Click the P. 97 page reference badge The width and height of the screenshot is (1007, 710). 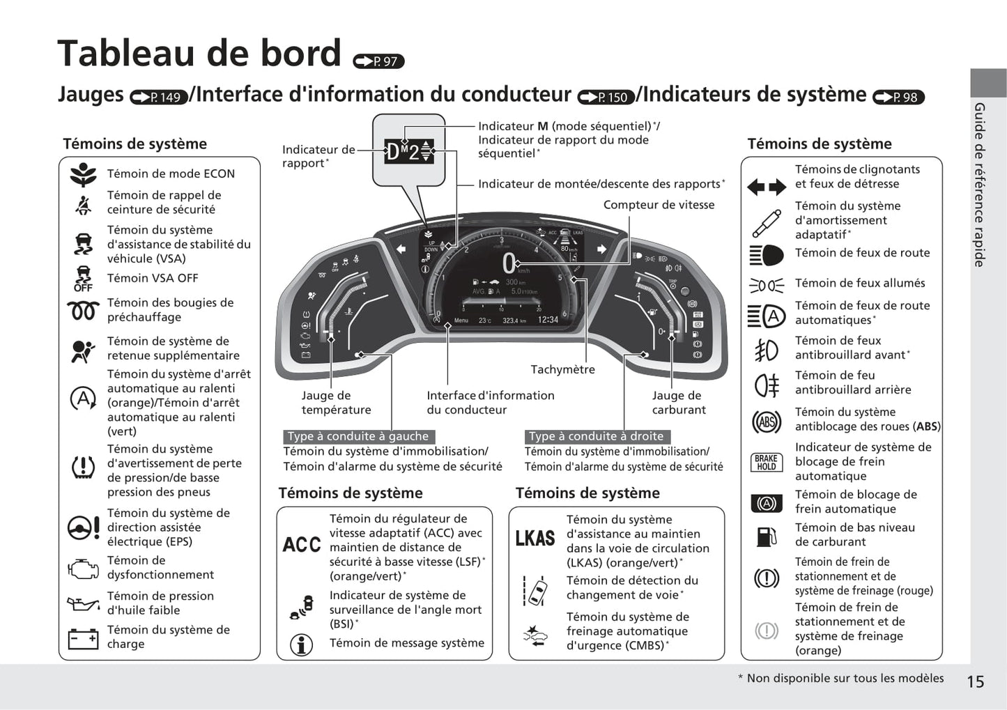(x=379, y=61)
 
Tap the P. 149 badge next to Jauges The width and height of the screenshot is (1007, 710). (x=159, y=98)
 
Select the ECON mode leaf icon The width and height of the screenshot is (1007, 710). (x=83, y=174)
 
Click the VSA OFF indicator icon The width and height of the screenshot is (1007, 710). (x=83, y=279)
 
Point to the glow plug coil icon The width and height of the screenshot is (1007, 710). (x=83, y=310)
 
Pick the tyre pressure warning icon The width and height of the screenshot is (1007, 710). (x=83, y=467)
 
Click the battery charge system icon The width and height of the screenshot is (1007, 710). (x=83, y=638)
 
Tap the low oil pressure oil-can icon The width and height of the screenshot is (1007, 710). (x=83, y=603)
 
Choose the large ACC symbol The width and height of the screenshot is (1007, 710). (x=302, y=545)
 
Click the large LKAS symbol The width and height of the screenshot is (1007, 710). (x=535, y=539)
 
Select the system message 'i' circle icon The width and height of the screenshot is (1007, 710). (x=301, y=645)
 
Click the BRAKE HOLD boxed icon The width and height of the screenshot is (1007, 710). (x=766, y=462)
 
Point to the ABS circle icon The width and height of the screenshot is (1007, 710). (x=766, y=422)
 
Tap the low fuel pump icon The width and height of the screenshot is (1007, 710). (x=766, y=536)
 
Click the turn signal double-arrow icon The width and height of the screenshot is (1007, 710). (x=766, y=187)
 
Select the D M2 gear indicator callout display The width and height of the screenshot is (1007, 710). (x=409, y=151)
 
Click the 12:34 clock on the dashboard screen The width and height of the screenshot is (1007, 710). (x=548, y=320)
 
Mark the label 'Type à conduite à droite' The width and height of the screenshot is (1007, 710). (x=597, y=436)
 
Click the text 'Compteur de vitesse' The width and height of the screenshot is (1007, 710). (x=659, y=205)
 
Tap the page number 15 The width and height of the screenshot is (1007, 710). (x=975, y=682)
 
